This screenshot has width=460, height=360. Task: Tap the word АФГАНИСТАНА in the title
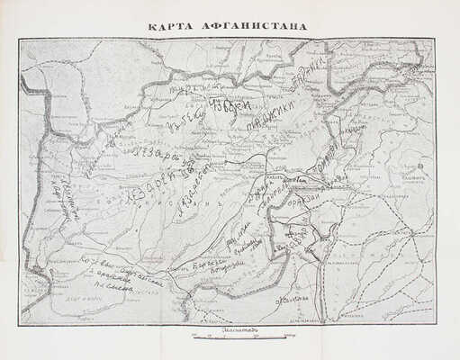tap(254, 26)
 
